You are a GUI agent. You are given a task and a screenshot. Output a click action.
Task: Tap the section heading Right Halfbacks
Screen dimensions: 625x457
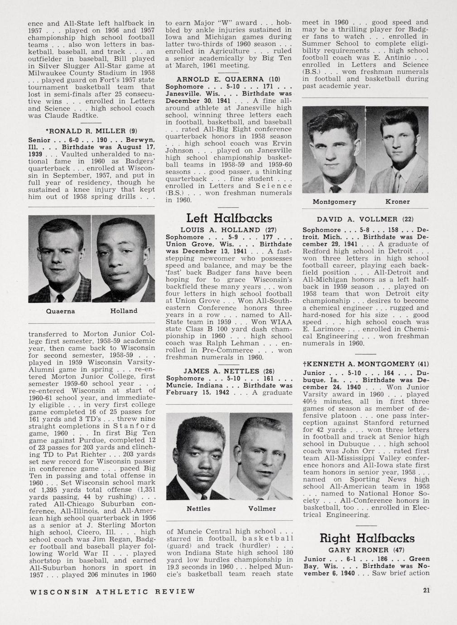367,538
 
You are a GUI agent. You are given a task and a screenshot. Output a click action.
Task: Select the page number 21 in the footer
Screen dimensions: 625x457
426,590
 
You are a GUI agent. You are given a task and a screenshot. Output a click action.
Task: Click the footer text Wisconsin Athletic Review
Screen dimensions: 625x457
112,591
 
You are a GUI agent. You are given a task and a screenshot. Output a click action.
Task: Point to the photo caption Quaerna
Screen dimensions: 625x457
60,311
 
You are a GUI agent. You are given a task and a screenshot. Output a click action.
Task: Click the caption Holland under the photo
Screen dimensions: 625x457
124,311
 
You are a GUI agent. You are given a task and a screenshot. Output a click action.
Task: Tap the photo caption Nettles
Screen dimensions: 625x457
198,509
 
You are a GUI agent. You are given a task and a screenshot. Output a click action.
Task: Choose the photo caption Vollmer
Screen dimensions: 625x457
262,509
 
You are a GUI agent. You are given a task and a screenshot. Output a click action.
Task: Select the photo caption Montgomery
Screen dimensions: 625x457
334,202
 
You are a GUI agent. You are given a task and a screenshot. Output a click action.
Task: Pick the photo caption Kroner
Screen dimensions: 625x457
397,202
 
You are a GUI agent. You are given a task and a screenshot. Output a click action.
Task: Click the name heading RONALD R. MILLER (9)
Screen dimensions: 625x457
92,131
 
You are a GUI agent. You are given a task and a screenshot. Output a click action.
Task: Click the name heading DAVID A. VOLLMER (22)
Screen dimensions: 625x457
365,219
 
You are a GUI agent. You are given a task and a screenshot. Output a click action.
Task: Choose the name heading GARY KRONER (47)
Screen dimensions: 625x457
366,550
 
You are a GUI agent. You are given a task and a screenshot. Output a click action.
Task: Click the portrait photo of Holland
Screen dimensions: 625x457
123,258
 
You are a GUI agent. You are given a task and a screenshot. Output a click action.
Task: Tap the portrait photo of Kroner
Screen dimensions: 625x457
397,149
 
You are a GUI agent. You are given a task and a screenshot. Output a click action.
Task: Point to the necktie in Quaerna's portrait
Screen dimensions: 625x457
60,297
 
